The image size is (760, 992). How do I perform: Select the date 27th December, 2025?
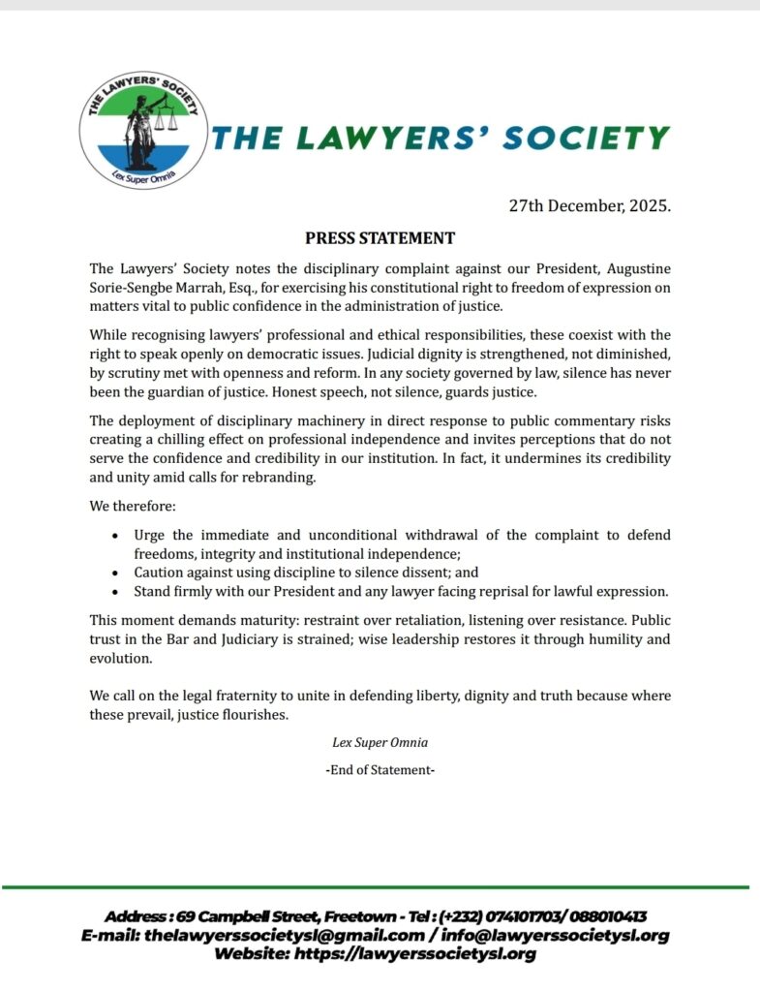[x=591, y=205]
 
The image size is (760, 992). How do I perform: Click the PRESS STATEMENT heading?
[x=380, y=238]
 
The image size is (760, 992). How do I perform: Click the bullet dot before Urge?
[x=116, y=535]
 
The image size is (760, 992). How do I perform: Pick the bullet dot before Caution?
[x=116, y=573]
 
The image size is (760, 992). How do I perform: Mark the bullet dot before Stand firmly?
[x=116, y=591]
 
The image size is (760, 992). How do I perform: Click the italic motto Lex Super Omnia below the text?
[x=380, y=743]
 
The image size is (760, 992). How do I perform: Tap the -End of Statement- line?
[x=380, y=770]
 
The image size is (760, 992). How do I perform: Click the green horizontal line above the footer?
[x=380, y=886]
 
